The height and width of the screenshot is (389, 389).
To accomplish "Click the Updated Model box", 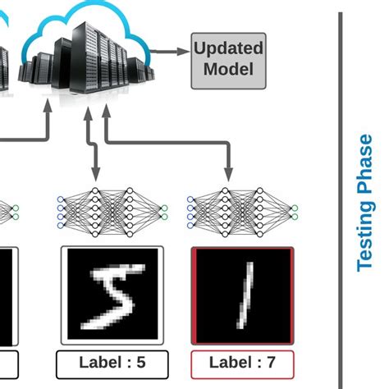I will click(x=228, y=59).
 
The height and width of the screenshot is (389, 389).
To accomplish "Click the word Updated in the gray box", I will click(x=228, y=48).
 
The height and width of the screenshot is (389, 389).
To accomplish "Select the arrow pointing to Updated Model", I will click(x=173, y=51).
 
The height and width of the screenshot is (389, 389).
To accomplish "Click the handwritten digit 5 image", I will click(x=112, y=295).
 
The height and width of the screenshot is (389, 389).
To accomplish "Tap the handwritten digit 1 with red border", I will click(x=241, y=295).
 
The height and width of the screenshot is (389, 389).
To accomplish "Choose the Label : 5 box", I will click(x=112, y=363).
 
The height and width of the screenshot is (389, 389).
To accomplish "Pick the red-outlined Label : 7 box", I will click(x=241, y=363).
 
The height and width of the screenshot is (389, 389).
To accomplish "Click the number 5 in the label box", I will click(x=140, y=363).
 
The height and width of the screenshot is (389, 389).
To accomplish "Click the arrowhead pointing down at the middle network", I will click(x=95, y=175).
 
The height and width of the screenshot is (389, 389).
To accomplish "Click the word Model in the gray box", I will click(x=228, y=69).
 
